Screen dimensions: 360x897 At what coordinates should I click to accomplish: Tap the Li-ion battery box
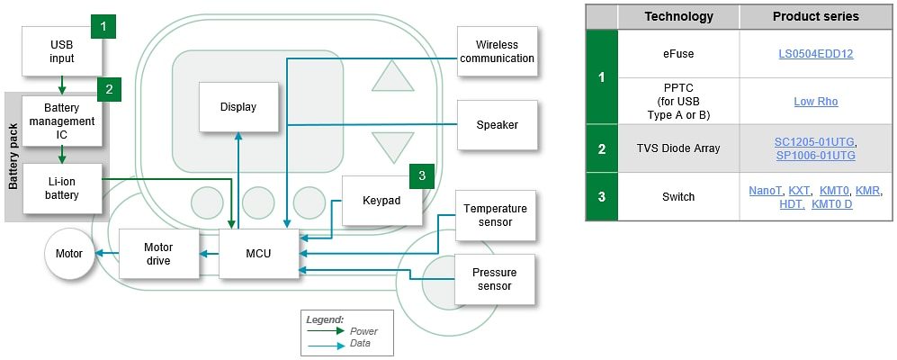tap(62, 188)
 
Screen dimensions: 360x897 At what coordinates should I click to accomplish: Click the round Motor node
tap(69, 254)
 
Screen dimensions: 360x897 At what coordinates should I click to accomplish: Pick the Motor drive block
tap(158, 254)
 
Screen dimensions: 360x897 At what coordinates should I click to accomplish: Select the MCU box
tap(258, 254)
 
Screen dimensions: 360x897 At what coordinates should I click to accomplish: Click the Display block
tap(238, 107)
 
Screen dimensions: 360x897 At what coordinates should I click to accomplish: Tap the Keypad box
tap(382, 200)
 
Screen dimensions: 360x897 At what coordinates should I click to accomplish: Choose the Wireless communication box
tap(497, 52)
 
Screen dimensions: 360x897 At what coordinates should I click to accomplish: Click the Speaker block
tap(497, 125)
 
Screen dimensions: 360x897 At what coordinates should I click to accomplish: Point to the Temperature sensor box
tap(495, 215)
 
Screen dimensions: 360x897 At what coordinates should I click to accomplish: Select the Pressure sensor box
tap(495, 279)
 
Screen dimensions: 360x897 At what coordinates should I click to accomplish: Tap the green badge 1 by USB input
tap(104, 27)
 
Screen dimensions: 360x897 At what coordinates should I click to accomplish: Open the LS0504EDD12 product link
tap(815, 54)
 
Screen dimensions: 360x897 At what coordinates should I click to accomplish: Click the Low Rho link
tap(815, 101)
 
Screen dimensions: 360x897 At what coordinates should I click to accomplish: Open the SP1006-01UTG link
tap(815, 156)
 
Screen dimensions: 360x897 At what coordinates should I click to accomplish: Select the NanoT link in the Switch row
tap(765, 191)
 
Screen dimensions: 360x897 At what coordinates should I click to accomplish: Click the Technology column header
tap(678, 16)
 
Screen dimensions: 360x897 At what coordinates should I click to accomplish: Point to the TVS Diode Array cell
tap(678, 148)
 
